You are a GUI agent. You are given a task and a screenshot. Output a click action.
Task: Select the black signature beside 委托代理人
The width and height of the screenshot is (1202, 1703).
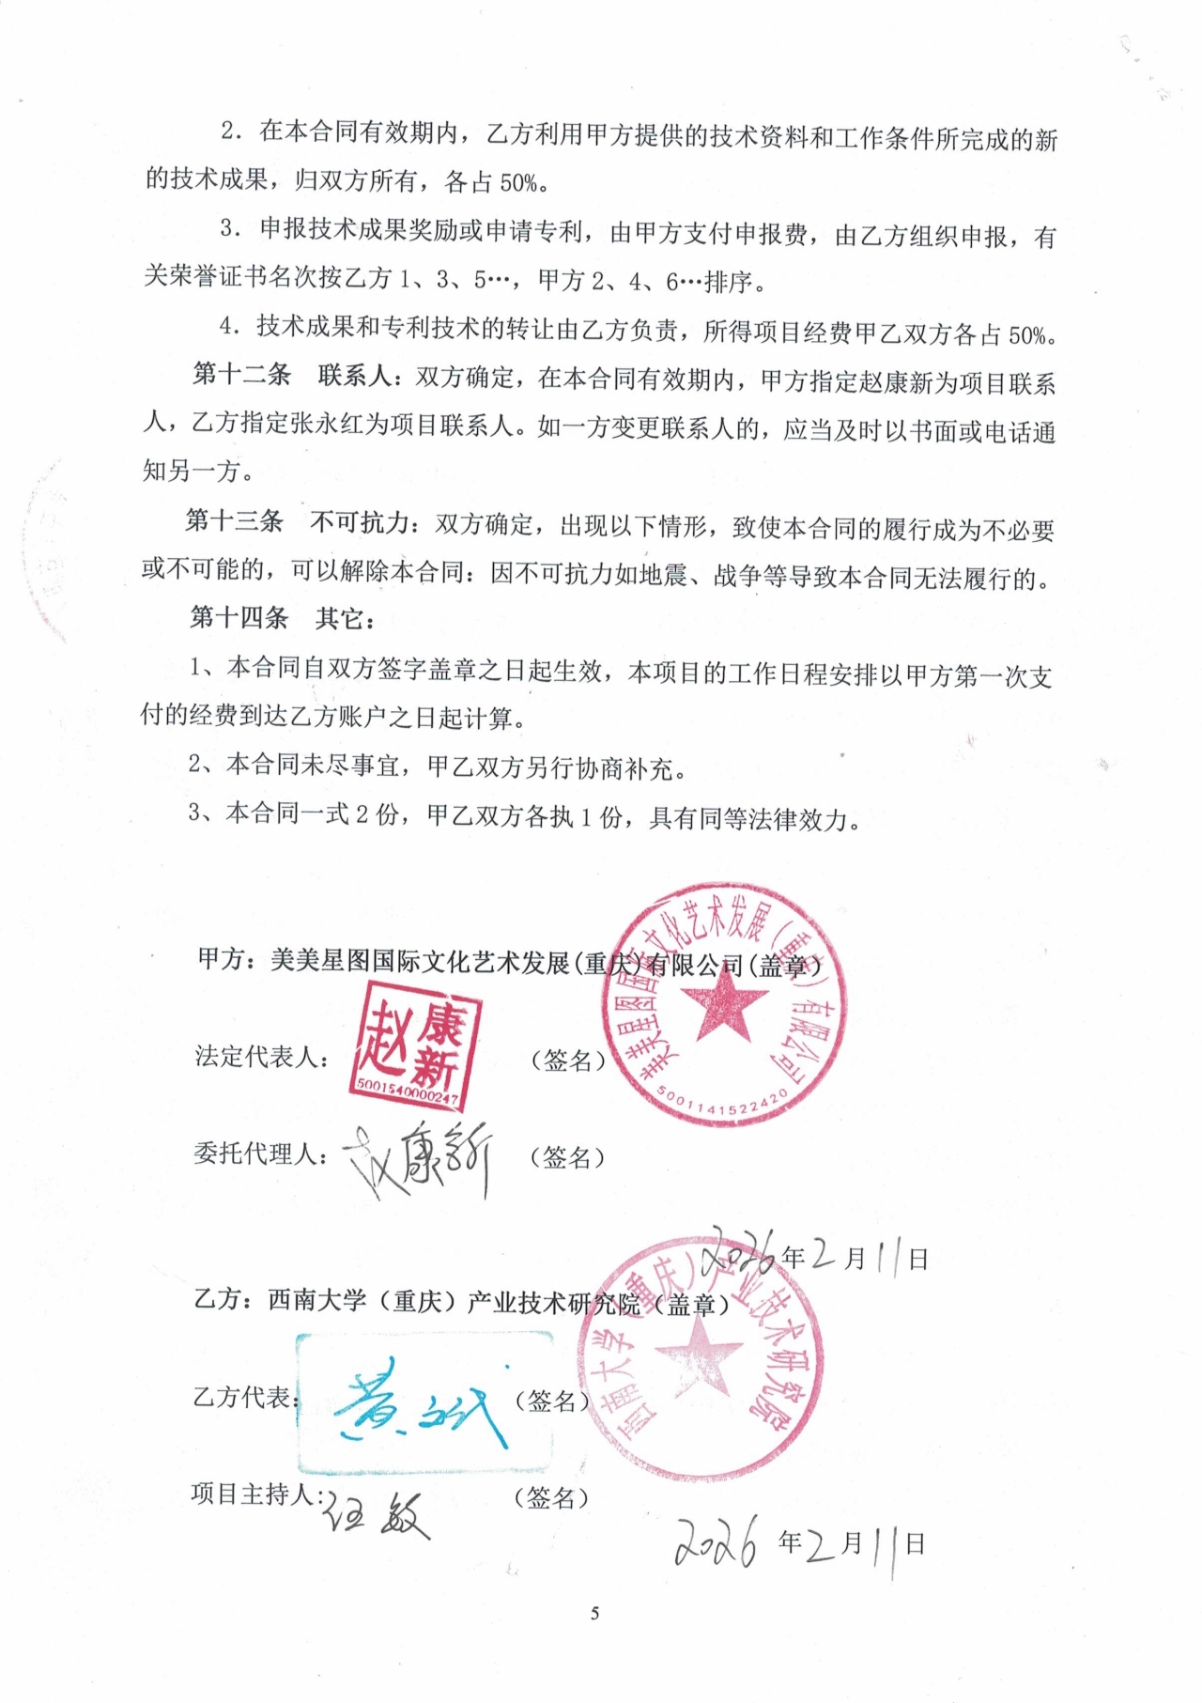(x=419, y=1158)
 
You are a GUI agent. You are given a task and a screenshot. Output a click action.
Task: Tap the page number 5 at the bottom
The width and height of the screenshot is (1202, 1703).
(x=594, y=1614)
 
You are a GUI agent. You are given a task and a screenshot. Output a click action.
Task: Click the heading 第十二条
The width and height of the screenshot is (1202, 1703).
(x=241, y=375)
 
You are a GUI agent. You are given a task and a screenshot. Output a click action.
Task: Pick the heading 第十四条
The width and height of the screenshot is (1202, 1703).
(x=239, y=617)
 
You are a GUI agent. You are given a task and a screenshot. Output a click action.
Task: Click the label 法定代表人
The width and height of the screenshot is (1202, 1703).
(x=261, y=1057)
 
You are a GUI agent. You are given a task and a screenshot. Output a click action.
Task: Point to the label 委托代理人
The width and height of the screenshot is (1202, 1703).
(x=260, y=1153)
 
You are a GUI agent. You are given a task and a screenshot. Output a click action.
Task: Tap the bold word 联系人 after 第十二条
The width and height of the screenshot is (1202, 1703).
(x=355, y=376)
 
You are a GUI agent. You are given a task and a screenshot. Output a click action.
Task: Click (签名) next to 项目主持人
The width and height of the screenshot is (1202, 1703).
(x=551, y=1498)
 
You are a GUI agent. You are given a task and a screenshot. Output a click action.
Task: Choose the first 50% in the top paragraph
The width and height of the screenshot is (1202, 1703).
(x=517, y=183)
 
